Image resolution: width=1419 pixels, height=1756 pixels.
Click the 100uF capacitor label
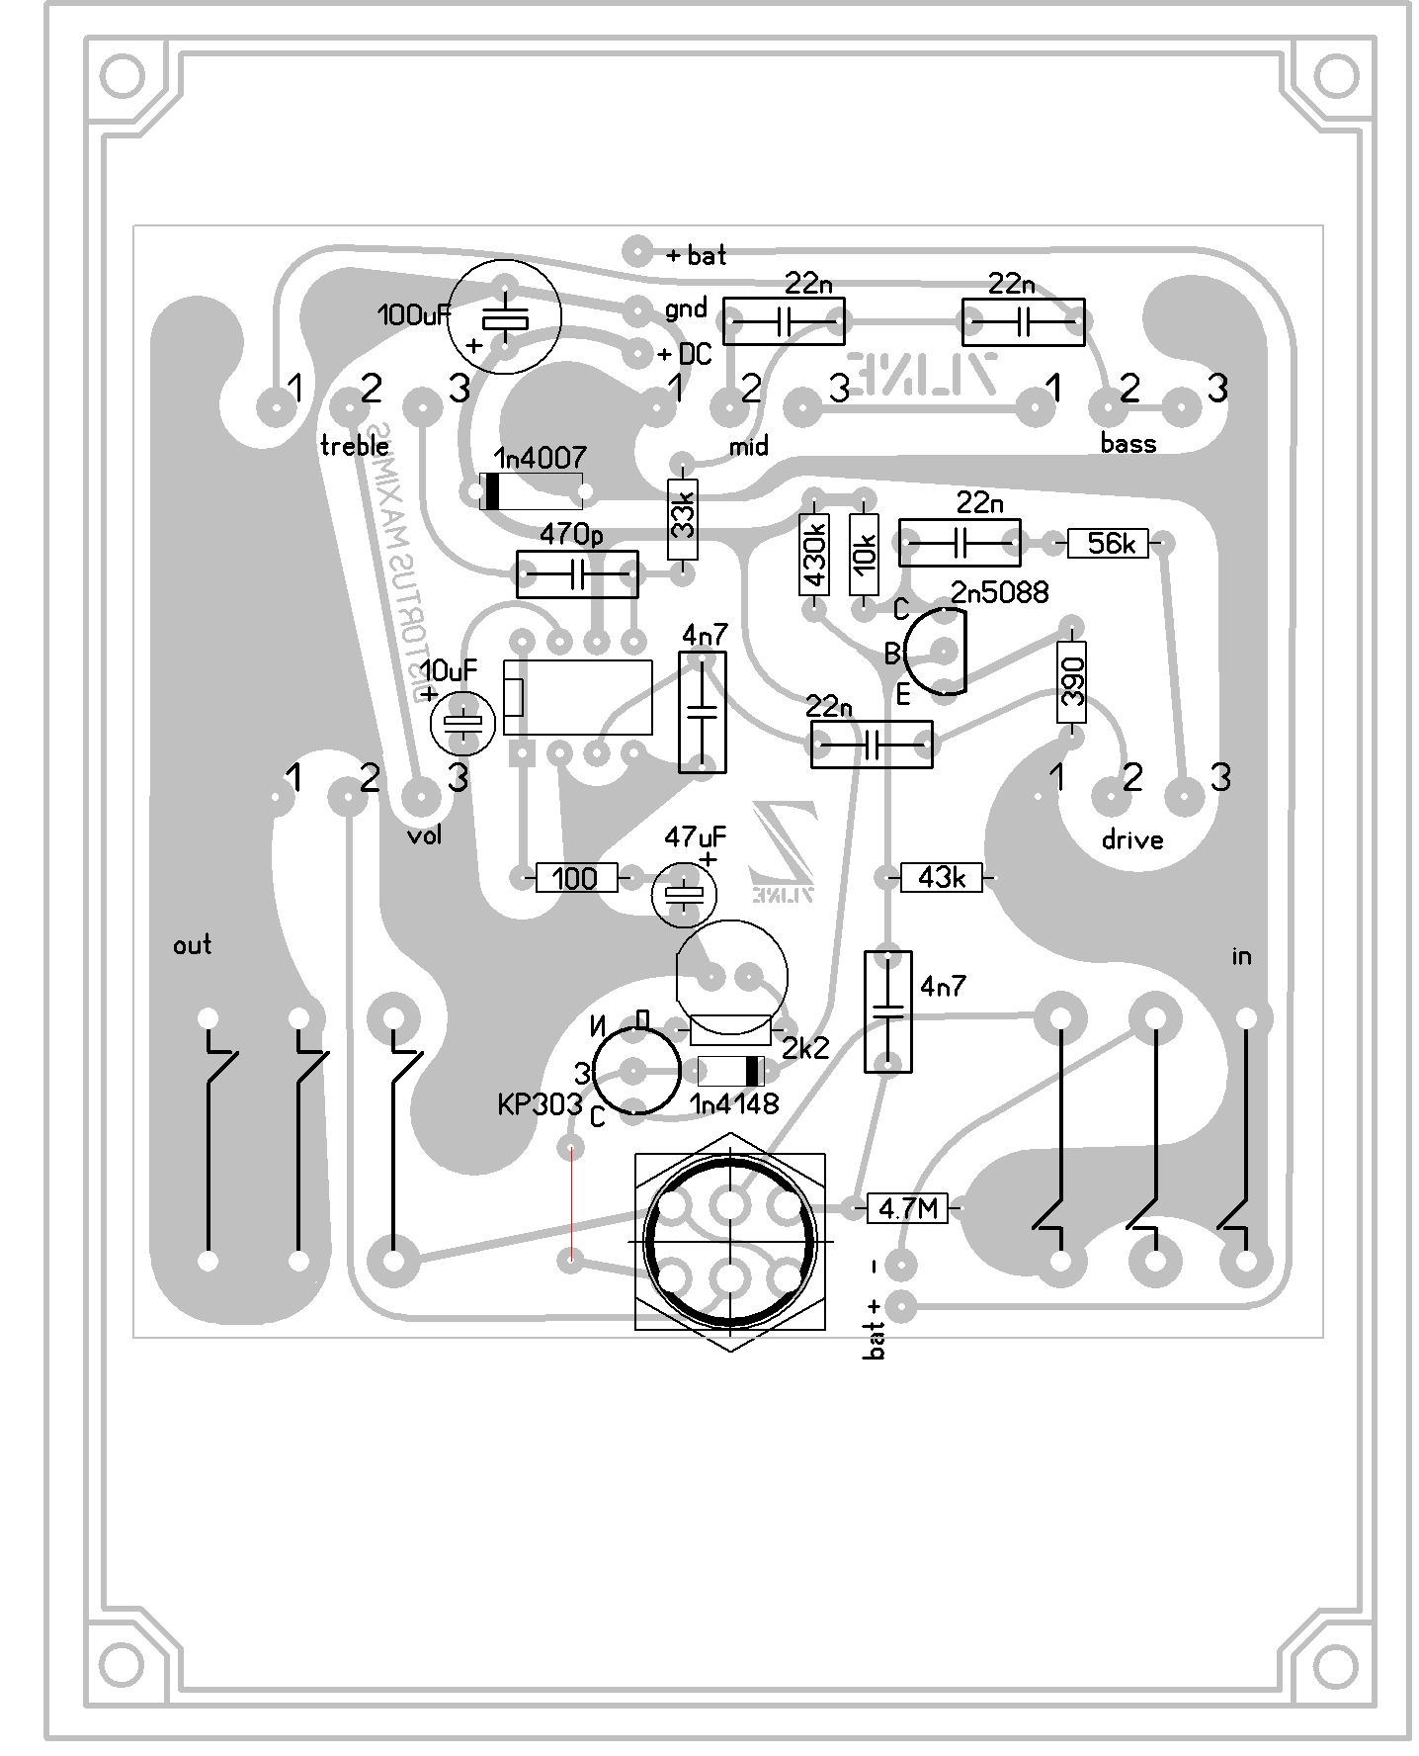(x=414, y=315)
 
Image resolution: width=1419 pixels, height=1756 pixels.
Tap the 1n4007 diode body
(x=532, y=491)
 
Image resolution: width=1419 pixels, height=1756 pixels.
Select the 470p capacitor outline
(x=577, y=574)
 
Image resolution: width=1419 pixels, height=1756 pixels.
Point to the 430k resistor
(x=814, y=555)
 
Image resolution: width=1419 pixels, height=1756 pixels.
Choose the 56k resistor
(x=1109, y=543)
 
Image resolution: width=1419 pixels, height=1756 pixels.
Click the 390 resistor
(x=1071, y=682)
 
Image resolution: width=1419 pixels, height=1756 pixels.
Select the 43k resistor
(x=941, y=877)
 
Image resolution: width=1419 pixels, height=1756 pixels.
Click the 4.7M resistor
(x=907, y=1207)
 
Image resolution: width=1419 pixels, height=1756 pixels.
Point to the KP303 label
(x=539, y=1104)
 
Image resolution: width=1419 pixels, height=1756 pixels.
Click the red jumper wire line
(x=571, y=1203)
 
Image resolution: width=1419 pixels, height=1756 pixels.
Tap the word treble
(x=355, y=446)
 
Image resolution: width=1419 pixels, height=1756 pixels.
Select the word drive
(x=1131, y=840)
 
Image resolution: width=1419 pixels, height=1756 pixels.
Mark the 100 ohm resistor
(x=576, y=877)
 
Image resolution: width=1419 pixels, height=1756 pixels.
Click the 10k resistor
(x=864, y=555)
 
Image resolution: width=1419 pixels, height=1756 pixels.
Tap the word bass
(x=1127, y=443)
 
